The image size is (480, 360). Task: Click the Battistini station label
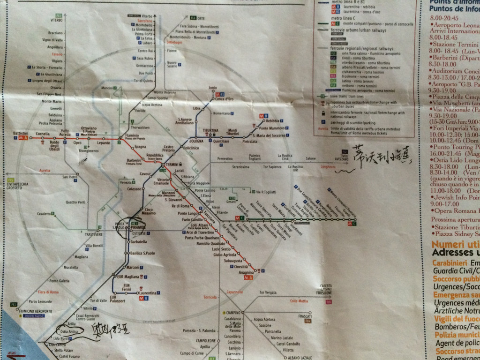coord(21,134)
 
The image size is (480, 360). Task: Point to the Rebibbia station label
coord(272,121)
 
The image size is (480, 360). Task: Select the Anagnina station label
coord(246,272)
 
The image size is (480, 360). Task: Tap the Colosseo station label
coord(134,189)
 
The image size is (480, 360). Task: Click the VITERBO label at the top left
coord(56,20)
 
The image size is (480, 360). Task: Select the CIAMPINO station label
coord(232,313)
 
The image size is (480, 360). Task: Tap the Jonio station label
coord(213,88)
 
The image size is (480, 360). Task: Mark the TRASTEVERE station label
coord(94,234)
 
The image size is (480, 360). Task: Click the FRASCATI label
coord(305,316)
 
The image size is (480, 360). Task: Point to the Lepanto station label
coord(103,142)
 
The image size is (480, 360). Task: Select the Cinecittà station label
coord(241,266)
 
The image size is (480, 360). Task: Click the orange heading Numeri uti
coord(454,244)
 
